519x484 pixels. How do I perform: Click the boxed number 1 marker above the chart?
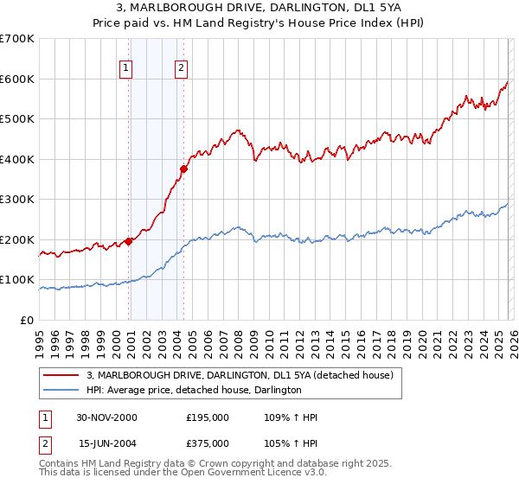126,69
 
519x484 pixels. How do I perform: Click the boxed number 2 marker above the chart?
181,69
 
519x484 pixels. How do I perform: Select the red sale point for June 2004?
183,169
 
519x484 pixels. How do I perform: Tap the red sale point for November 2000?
129,241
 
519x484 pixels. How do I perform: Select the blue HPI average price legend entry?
194,391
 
